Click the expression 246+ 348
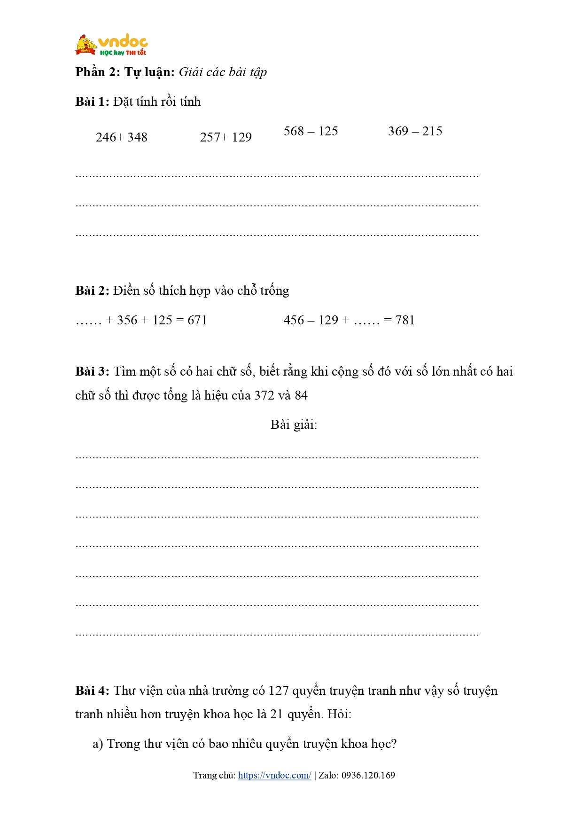coord(121,137)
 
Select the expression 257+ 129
coord(225,137)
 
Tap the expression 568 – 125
coord(311,131)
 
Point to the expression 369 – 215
coord(415,131)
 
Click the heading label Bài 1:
coord(92,102)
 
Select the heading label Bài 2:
coord(92,291)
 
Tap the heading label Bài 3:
coord(92,371)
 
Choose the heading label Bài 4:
coord(92,691)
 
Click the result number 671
coord(197,320)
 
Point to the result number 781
coord(405,320)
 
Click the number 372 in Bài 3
coord(264,395)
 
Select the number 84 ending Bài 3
coord(301,395)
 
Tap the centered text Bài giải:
coord(294,424)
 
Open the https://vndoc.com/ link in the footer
coord(274,775)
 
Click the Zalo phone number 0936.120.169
coord(368,775)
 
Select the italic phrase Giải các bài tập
coord(223,72)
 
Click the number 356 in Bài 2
coord(127,320)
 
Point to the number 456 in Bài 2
coord(294,320)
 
